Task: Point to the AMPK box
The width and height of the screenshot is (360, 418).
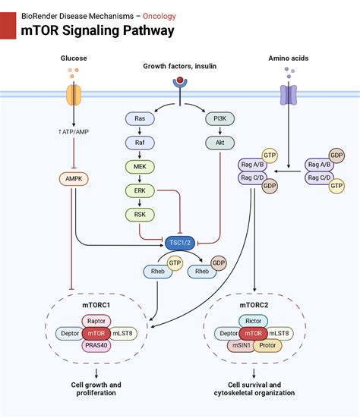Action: (74, 180)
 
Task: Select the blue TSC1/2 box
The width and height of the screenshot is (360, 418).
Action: (180, 242)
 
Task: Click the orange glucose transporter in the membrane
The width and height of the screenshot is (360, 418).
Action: (74, 95)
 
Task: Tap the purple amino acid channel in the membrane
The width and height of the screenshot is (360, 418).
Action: (289, 95)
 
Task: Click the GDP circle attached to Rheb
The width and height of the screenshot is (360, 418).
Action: (219, 263)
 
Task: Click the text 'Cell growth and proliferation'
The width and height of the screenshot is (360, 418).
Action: (95, 389)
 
